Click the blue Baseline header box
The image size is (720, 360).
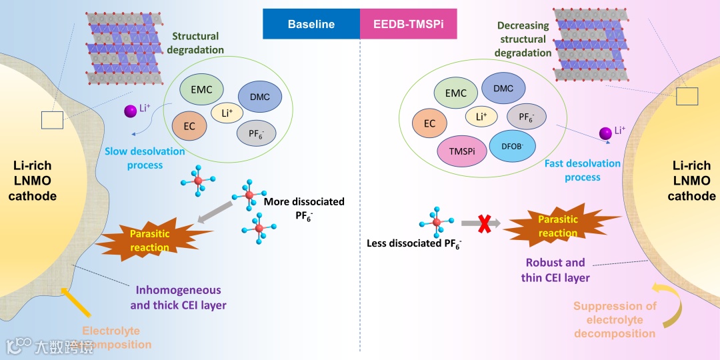[x=311, y=24]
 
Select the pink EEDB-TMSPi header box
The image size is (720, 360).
[x=407, y=24]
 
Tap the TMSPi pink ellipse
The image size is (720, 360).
[x=461, y=151]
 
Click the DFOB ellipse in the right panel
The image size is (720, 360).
[x=512, y=145]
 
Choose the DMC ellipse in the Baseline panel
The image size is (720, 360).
[x=260, y=97]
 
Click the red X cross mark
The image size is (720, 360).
[x=485, y=223]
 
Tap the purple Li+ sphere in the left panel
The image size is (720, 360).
[x=130, y=111]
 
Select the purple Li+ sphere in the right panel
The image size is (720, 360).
[x=605, y=134]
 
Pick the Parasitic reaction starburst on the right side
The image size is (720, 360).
[x=557, y=225]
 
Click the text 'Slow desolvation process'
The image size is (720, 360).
[x=145, y=157]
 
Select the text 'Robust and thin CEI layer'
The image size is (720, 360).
[x=555, y=270]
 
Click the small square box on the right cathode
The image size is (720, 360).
[x=687, y=97]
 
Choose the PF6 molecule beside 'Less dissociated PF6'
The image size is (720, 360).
[x=437, y=221]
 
